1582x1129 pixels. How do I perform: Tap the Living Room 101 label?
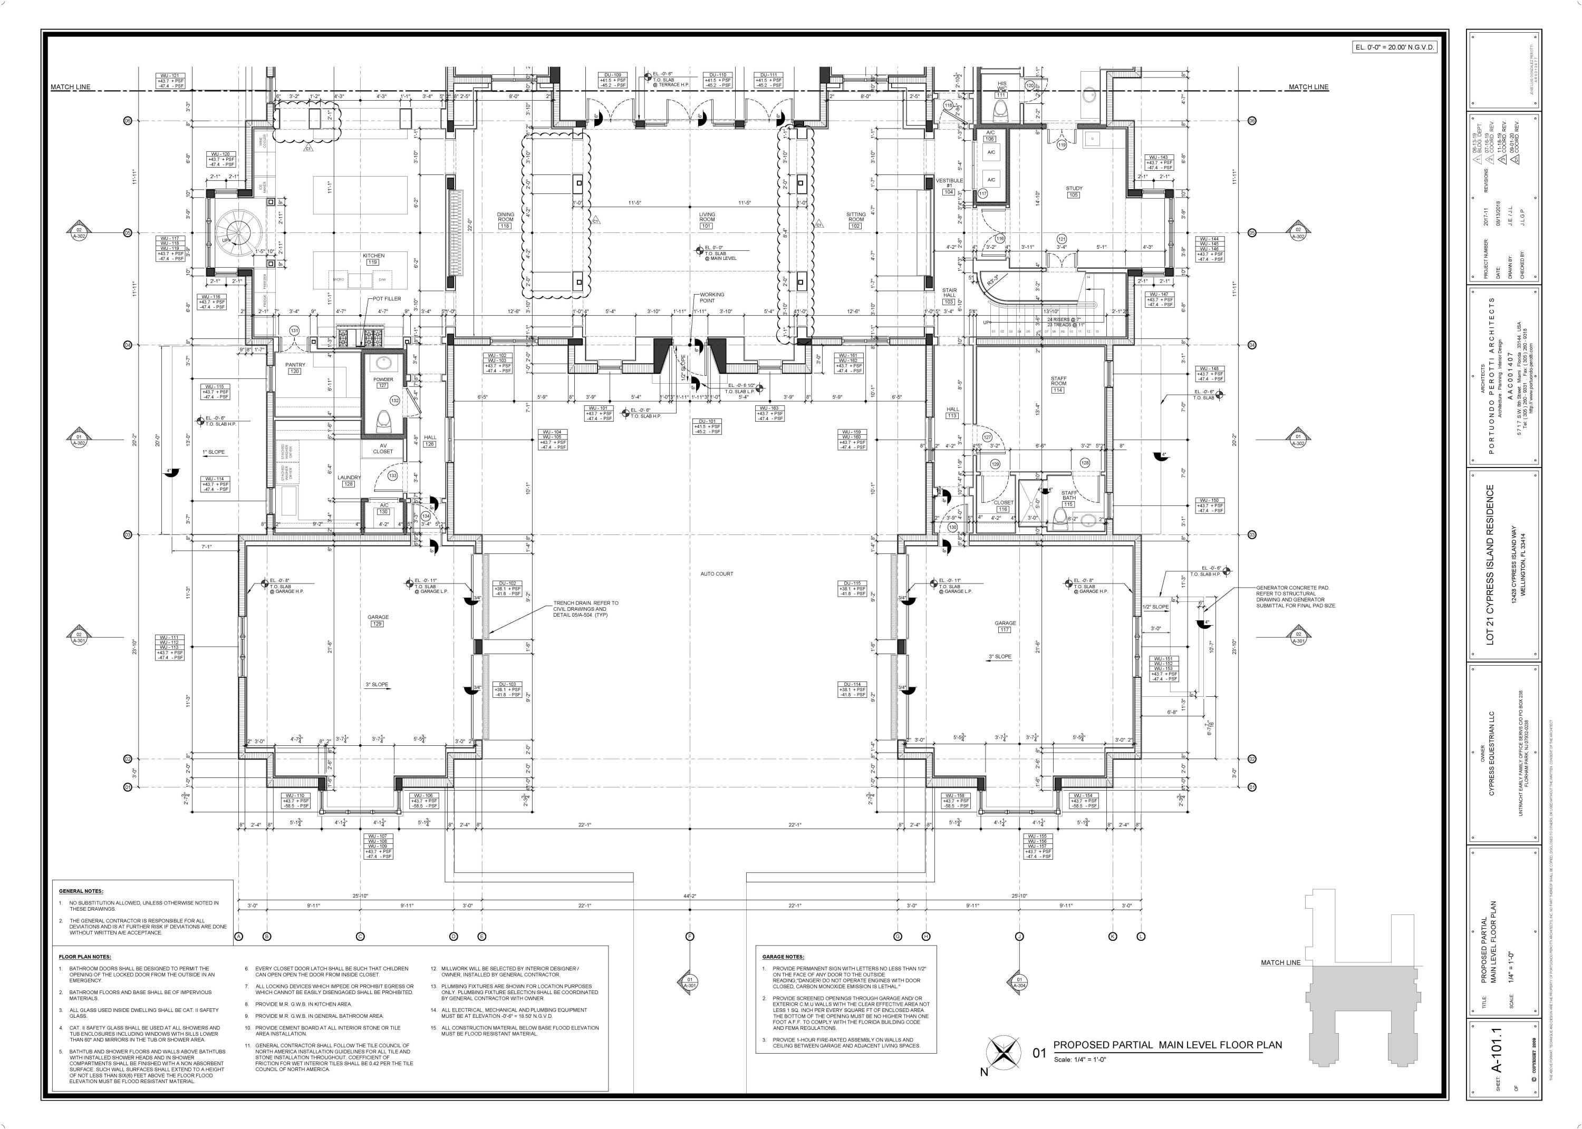707,220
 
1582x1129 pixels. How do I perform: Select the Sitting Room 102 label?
855,220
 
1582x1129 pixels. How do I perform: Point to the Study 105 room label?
1074,192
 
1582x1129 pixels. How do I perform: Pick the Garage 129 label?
378,621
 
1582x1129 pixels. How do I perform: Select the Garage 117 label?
1005,626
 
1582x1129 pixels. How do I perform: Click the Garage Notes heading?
783,957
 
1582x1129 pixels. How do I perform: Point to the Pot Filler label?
386,298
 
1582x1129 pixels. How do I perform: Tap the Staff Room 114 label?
1058,384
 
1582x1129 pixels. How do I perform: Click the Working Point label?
711,298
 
